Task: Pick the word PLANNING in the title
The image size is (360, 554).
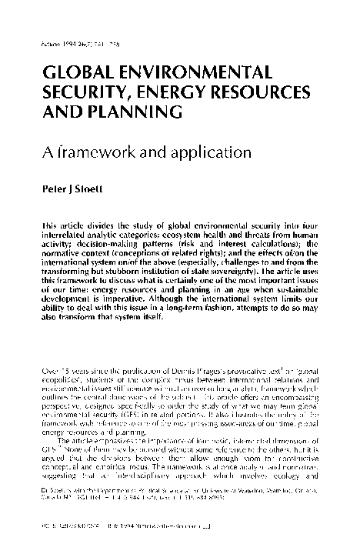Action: coord(132,113)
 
